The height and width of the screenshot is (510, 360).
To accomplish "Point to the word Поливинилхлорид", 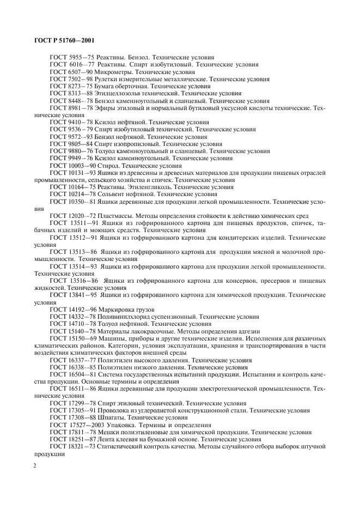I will coord(130,316).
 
